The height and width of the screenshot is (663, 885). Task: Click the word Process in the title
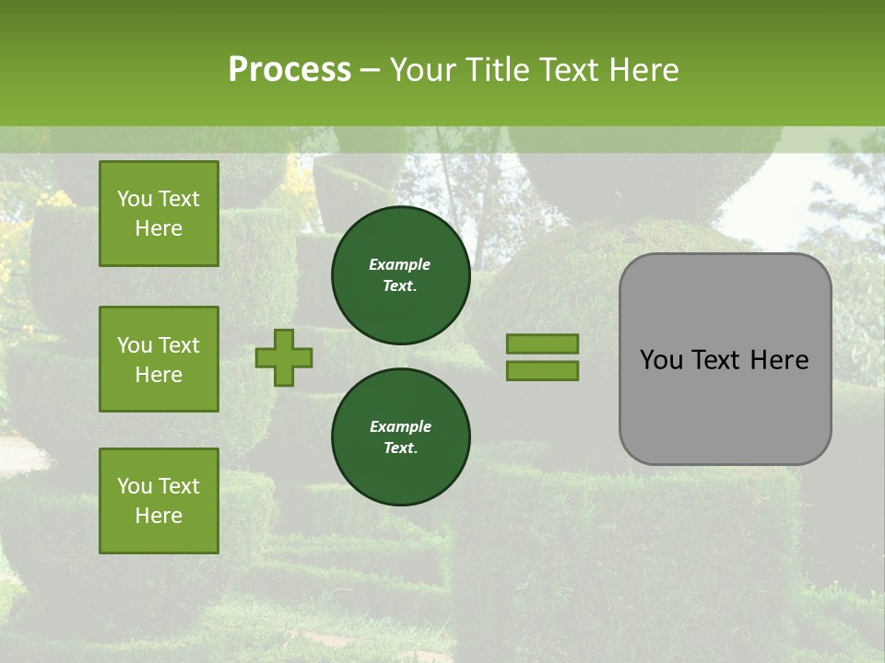[x=289, y=70]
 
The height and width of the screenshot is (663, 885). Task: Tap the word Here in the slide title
[x=641, y=70]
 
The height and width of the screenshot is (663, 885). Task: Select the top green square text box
[x=159, y=214]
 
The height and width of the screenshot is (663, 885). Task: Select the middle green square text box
[x=159, y=359]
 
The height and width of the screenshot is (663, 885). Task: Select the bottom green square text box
[x=159, y=501]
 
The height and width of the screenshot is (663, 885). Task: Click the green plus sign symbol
[x=284, y=357]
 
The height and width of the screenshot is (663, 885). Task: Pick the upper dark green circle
[x=401, y=275]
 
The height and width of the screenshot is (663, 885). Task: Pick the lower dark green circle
[x=401, y=437]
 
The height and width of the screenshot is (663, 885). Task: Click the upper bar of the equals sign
[x=543, y=344]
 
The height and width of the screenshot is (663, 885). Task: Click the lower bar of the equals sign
[x=543, y=370]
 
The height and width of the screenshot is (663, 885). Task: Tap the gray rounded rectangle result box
[x=725, y=405]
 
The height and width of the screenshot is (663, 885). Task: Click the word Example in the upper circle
[x=399, y=264]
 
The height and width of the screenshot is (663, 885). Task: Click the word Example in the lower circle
[x=400, y=426]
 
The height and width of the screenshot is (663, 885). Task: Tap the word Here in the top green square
[x=159, y=228]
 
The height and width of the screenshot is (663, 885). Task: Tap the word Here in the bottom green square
[x=159, y=516]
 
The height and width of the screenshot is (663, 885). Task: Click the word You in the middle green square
[x=135, y=345]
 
